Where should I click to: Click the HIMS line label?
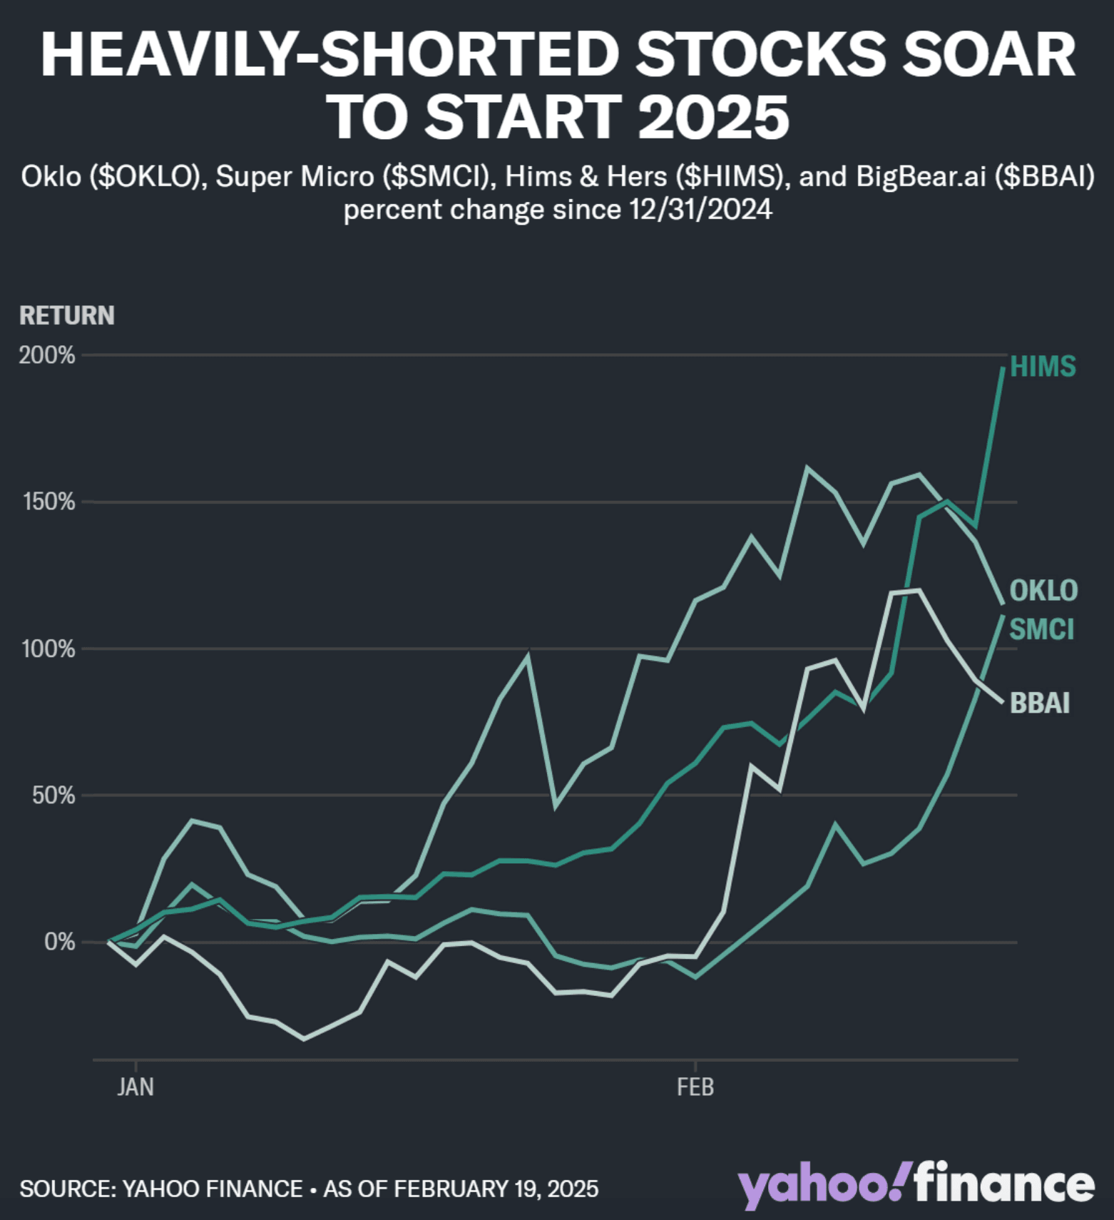(1043, 367)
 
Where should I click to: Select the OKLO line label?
(1043, 591)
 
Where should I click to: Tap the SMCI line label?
(1041, 629)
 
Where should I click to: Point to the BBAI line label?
(1040, 703)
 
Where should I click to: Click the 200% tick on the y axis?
(47, 355)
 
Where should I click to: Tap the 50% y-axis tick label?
(53, 795)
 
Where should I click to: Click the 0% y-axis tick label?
(59, 942)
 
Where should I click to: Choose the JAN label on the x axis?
(136, 1087)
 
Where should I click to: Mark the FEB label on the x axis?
(695, 1087)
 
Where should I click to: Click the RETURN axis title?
(67, 315)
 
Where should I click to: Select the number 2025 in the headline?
(714, 118)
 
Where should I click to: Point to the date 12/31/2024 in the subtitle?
(700, 210)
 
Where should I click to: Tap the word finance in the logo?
(1006, 1186)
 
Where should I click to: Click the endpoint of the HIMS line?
(1003, 368)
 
